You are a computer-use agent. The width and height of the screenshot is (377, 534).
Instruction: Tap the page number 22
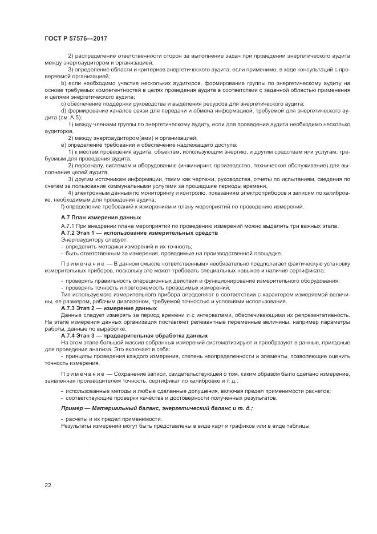click(48, 485)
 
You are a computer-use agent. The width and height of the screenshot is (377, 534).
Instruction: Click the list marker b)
click(63, 83)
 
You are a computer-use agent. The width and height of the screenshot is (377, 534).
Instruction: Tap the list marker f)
click(62, 207)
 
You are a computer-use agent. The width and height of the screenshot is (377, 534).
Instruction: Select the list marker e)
click(63, 145)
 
